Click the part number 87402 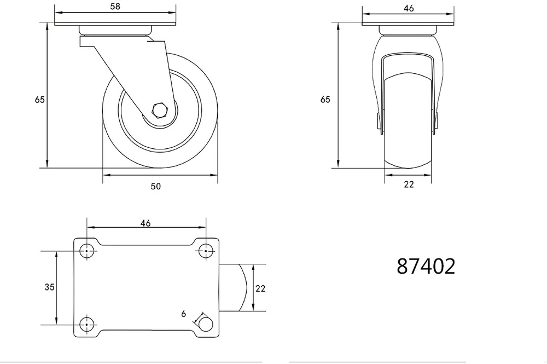426,266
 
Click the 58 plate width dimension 115,6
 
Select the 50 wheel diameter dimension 156,186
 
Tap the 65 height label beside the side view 40,100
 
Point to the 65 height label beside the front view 325,100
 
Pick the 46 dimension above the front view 409,8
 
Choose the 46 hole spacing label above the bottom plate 146,223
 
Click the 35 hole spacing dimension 50,287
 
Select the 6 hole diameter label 183,314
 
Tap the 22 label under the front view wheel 409,184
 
